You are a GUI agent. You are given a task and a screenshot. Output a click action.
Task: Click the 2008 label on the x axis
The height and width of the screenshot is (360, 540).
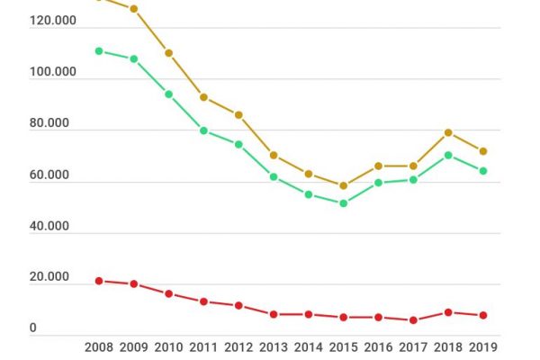pyautogui.click(x=99, y=346)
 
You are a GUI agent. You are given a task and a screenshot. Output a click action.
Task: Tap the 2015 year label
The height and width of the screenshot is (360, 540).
pyautogui.click(x=343, y=346)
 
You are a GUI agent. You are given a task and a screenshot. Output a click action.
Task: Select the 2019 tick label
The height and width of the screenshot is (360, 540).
pyautogui.click(x=483, y=346)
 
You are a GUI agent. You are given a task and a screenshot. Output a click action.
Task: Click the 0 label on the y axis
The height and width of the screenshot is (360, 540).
pyautogui.click(x=33, y=329)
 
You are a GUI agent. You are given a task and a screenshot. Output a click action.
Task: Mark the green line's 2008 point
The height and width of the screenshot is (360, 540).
pyautogui.click(x=99, y=51)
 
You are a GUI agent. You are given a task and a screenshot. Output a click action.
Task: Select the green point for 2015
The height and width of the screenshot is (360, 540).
pyautogui.click(x=343, y=203)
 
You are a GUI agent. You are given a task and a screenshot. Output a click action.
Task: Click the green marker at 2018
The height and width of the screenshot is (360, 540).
pyautogui.click(x=448, y=155)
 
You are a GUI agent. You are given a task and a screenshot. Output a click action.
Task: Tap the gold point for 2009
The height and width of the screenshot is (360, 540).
pyautogui.click(x=134, y=9)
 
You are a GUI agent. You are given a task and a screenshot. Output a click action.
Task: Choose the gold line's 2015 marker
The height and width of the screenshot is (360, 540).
pyautogui.click(x=343, y=186)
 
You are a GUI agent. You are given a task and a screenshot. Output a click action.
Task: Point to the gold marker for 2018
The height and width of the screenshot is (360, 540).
pyautogui.click(x=448, y=132)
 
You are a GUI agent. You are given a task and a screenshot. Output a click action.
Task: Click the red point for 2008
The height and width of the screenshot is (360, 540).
pyautogui.click(x=99, y=281)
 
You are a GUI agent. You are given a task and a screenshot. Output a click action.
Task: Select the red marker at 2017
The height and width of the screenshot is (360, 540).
pyautogui.click(x=413, y=320)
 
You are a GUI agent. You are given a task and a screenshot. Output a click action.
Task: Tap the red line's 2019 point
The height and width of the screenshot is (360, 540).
pyautogui.click(x=483, y=316)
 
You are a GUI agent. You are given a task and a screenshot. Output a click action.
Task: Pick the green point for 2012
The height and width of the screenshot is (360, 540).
pyautogui.click(x=238, y=144)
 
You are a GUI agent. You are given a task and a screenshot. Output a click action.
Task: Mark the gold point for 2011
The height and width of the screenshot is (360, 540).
pyautogui.click(x=204, y=97)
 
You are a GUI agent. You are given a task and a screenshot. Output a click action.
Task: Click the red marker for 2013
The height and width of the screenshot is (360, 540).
pyautogui.click(x=274, y=314)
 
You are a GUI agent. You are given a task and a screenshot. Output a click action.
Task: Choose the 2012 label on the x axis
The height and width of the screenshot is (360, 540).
pyautogui.click(x=238, y=346)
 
